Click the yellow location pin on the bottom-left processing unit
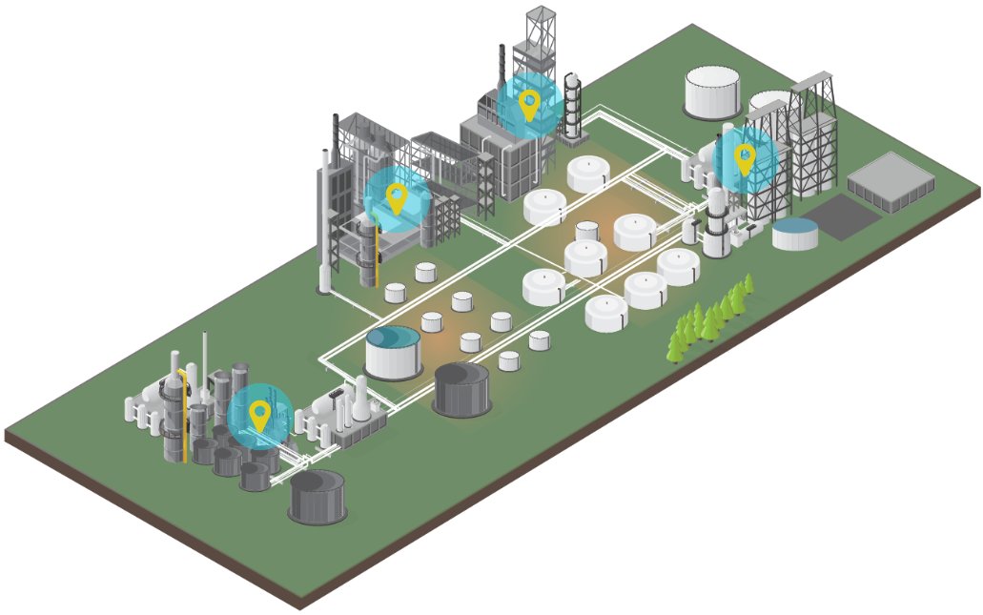tap(259, 415)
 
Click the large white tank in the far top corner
tap(711, 92)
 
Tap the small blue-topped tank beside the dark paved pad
tap(795, 232)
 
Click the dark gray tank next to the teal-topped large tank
tap(462, 387)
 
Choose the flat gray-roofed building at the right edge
tap(891, 179)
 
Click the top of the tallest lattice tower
tap(541, 17)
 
